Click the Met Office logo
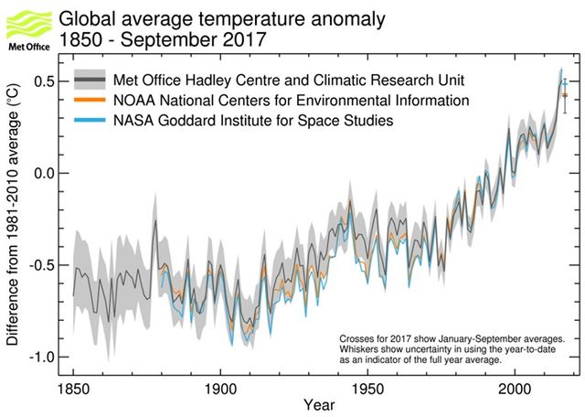click(x=27, y=27)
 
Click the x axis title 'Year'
click(x=319, y=405)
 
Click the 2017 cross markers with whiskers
click(x=565, y=93)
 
